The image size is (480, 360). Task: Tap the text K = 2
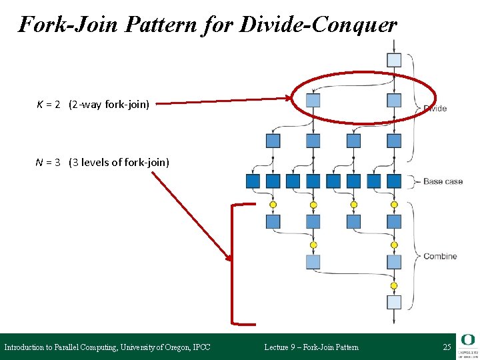click(x=49, y=104)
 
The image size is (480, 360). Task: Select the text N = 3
click(x=49, y=162)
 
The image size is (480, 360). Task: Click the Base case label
click(x=443, y=181)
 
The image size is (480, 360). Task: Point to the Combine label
click(x=440, y=256)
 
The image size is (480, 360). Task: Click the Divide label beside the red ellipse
click(x=435, y=109)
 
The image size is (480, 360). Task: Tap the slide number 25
click(x=447, y=347)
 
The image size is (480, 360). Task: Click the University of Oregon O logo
click(x=468, y=340)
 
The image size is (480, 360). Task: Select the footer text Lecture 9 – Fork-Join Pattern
click(x=311, y=347)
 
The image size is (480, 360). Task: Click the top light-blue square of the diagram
click(x=394, y=60)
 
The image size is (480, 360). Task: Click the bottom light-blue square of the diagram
click(x=394, y=302)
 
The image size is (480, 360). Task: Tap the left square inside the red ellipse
click(x=313, y=101)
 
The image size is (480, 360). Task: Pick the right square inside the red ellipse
click(x=394, y=101)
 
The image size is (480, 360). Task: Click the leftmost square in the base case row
click(x=253, y=181)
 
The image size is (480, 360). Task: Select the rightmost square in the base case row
click(x=394, y=181)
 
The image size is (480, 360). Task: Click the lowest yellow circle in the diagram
click(x=394, y=285)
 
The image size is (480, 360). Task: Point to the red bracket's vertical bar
click(x=232, y=265)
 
